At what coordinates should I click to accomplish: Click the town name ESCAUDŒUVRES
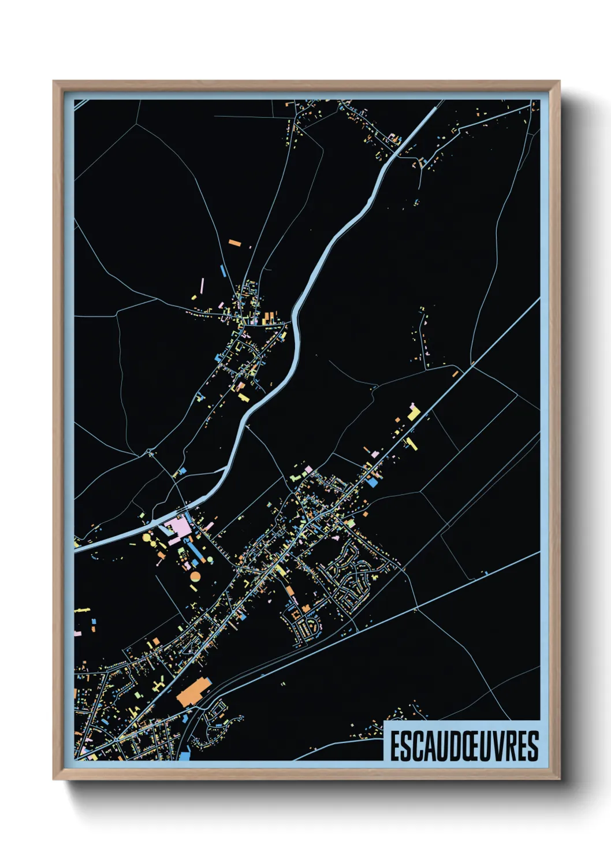click(x=464, y=746)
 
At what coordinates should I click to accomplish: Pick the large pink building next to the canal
click(x=176, y=527)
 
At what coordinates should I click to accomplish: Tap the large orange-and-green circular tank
click(x=195, y=576)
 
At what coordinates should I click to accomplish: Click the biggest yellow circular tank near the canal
click(x=147, y=538)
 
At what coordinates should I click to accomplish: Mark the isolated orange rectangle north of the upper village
click(x=234, y=243)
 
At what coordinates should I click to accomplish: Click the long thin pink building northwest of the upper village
click(x=202, y=285)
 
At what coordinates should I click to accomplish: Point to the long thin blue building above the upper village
click(x=223, y=270)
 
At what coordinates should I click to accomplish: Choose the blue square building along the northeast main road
click(x=373, y=481)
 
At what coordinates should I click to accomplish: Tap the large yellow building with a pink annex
click(x=413, y=412)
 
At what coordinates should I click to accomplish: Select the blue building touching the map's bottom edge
click(x=184, y=755)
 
